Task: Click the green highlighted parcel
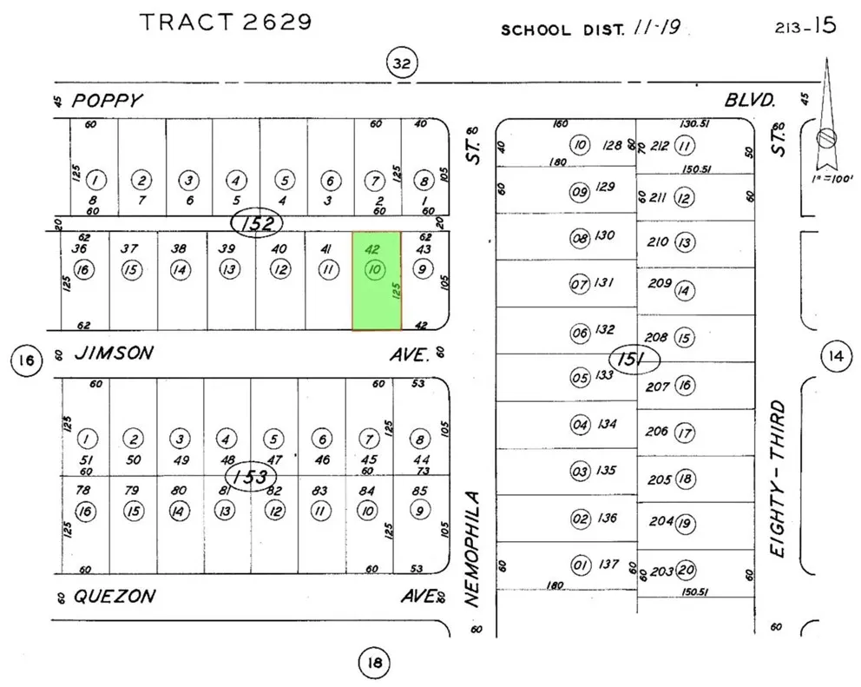[x=376, y=281]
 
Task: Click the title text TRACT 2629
[x=226, y=23]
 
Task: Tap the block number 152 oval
[x=258, y=225]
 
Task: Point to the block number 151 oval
[x=634, y=360]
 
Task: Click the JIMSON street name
[x=114, y=353]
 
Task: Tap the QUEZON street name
[x=115, y=597]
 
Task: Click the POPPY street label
[x=106, y=101]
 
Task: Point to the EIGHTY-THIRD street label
[x=778, y=478]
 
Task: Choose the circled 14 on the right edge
[x=836, y=355]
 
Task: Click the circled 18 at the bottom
[x=374, y=664]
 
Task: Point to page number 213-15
[x=805, y=26]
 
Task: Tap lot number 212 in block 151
[x=659, y=146]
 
